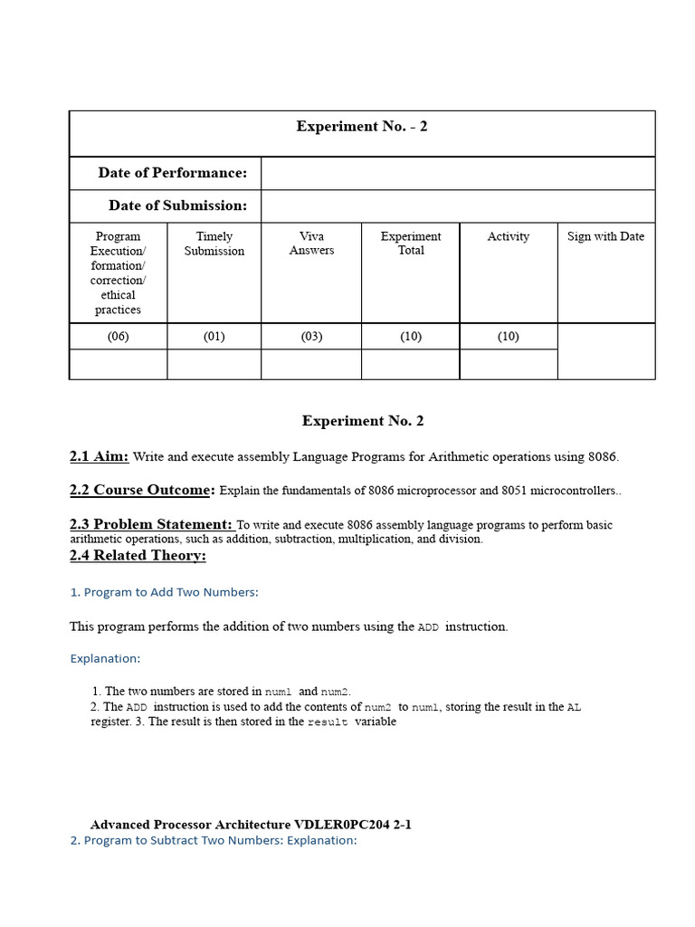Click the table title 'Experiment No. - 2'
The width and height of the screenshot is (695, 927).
(x=362, y=127)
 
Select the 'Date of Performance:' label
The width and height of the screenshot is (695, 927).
(x=172, y=173)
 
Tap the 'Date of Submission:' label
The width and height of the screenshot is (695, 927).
(x=177, y=205)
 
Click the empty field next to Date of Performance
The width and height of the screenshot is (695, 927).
(x=457, y=173)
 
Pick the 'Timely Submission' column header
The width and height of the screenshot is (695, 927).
(x=214, y=244)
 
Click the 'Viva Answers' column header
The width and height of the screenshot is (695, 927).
(x=311, y=244)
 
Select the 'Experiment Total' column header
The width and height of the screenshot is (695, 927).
(x=411, y=244)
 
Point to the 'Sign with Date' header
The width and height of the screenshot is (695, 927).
(x=605, y=236)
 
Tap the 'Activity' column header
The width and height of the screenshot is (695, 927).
(x=508, y=236)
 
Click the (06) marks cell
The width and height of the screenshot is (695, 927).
(x=119, y=337)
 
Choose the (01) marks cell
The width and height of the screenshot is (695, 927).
(x=214, y=337)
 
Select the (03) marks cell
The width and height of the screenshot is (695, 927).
(x=311, y=337)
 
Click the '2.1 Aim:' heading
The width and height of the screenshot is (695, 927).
(x=99, y=457)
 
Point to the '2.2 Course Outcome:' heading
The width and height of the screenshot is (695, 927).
(x=142, y=491)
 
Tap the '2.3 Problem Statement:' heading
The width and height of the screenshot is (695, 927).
(x=151, y=524)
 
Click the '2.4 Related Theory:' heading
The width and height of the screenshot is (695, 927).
(x=138, y=556)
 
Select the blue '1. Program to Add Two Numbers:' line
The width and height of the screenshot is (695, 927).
(x=164, y=592)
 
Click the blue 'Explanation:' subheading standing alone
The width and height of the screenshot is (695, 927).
(x=105, y=659)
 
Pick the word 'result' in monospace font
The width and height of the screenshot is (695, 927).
(x=328, y=723)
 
